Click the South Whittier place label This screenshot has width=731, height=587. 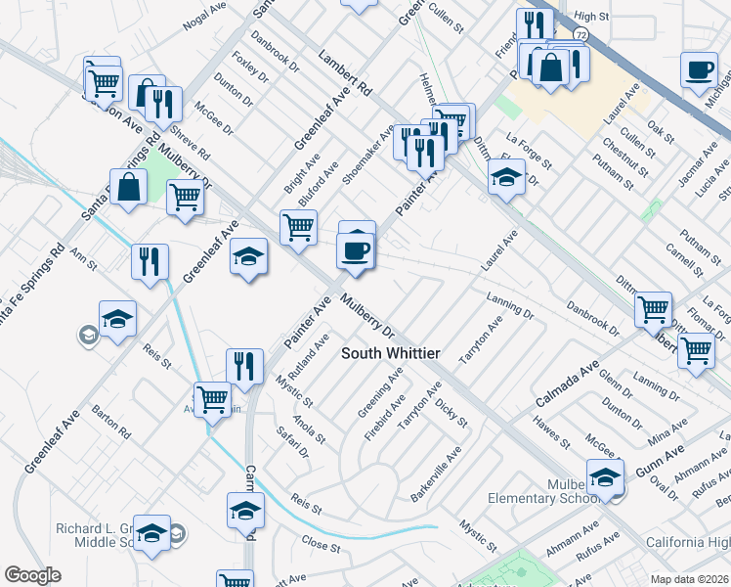(390, 353)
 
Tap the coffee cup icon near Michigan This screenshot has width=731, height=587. (700, 69)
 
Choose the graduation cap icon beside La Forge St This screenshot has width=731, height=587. (505, 178)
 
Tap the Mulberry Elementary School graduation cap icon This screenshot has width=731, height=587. (606, 478)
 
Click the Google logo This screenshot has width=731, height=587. (32, 575)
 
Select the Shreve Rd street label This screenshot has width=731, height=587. (191, 142)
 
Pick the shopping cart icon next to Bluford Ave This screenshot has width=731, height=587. (298, 227)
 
